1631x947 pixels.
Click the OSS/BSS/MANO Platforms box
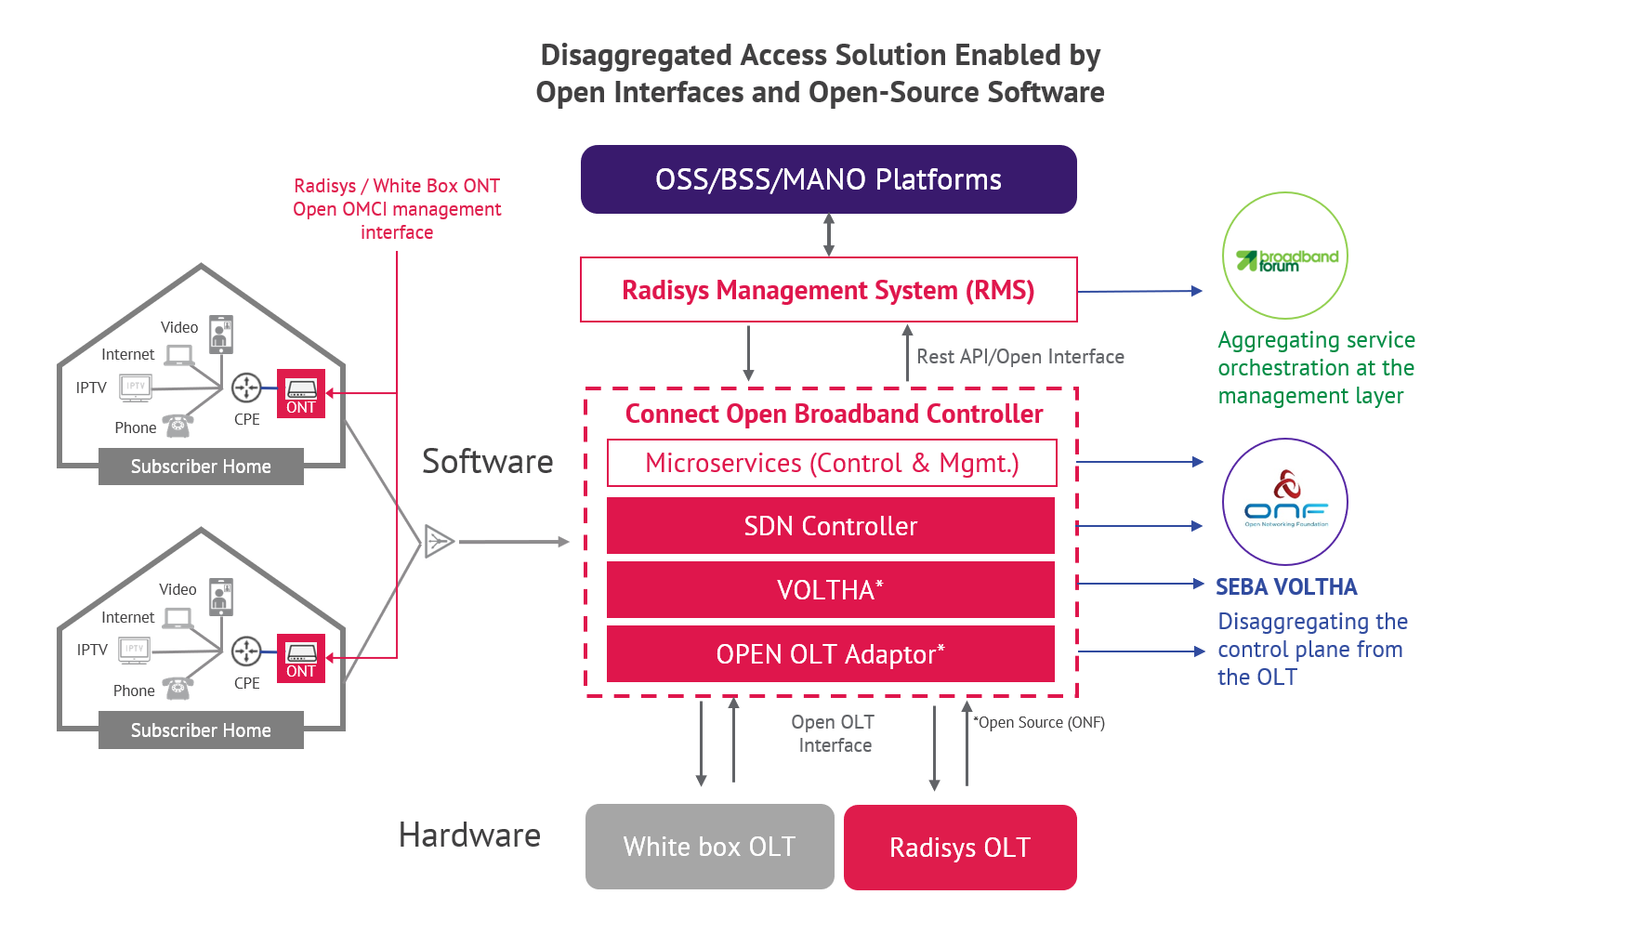pos(828,179)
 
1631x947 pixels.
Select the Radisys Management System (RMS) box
pos(828,290)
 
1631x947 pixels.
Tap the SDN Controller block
pos(830,526)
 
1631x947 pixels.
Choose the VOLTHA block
pos(830,590)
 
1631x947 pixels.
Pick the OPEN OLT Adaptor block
pos(830,654)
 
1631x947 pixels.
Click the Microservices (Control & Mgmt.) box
pos(832,463)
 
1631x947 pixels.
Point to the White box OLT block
pos(709,847)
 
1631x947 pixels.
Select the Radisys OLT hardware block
pos(960,848)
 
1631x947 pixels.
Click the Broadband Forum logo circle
pos(1285,256)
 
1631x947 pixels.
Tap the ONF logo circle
pos(1285,502)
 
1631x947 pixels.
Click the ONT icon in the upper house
pos(301,393)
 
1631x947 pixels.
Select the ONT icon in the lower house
pos(301,658)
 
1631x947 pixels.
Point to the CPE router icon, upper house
pos(246,388)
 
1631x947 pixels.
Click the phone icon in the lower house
pos(178,689)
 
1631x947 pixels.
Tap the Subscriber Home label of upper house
pos(201,467)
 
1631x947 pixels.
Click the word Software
pos(487,462)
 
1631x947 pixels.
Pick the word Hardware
pos(469,835)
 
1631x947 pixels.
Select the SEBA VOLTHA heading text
pos(1286,587)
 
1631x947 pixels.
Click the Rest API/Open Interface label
pos(1019,357)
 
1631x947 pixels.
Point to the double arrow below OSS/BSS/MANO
pos(829,235)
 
